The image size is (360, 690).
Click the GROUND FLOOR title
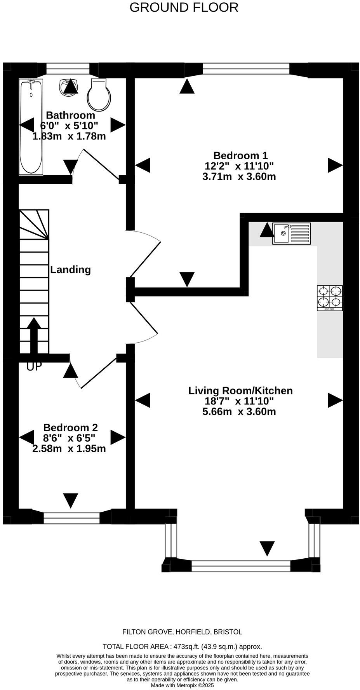(184, 7)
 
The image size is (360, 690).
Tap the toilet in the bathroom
(99, 94)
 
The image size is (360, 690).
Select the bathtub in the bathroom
(31, 127)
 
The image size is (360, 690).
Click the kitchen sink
(291, 233)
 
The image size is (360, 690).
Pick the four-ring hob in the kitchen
(330, 298)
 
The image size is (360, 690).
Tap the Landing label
(70, 270)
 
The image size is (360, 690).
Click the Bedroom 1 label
(240, 155)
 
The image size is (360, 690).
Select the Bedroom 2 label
(70, 427)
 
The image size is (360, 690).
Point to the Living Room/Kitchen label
(240, 390)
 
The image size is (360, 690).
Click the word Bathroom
(70, 115)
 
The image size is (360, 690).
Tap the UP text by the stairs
(34, 366)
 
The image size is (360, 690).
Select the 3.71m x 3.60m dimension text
(239, 177)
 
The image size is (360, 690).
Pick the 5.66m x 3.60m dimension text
(239, 411)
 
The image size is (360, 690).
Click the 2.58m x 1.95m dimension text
(69, 449)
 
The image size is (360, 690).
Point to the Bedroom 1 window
(246, 69)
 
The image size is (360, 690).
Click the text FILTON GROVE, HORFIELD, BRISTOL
(182, 632)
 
